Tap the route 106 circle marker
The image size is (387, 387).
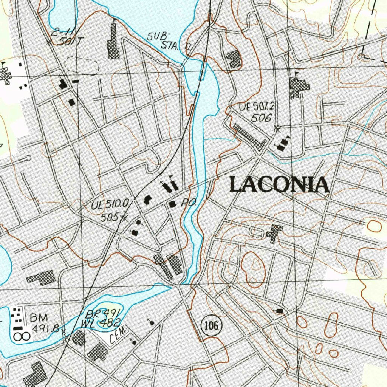click(x=210, y=325)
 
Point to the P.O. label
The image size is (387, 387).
click(x=189, y=203)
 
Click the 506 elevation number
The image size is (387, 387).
click(x=262, y=118)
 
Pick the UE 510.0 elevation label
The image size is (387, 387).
click(x=110, y=206)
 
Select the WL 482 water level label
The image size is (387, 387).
click(x=101, y=323)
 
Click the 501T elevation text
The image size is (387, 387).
click(x=69, y=42)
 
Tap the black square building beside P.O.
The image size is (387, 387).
click(x=173, y=204)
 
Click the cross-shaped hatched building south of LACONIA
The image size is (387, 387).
click(x=274, y=233)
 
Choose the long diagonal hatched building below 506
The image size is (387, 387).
click(x=249, y=136)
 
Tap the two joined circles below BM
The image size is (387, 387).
click(x=22, y=335)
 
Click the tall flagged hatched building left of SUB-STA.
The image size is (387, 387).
click(x=113, y=42)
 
